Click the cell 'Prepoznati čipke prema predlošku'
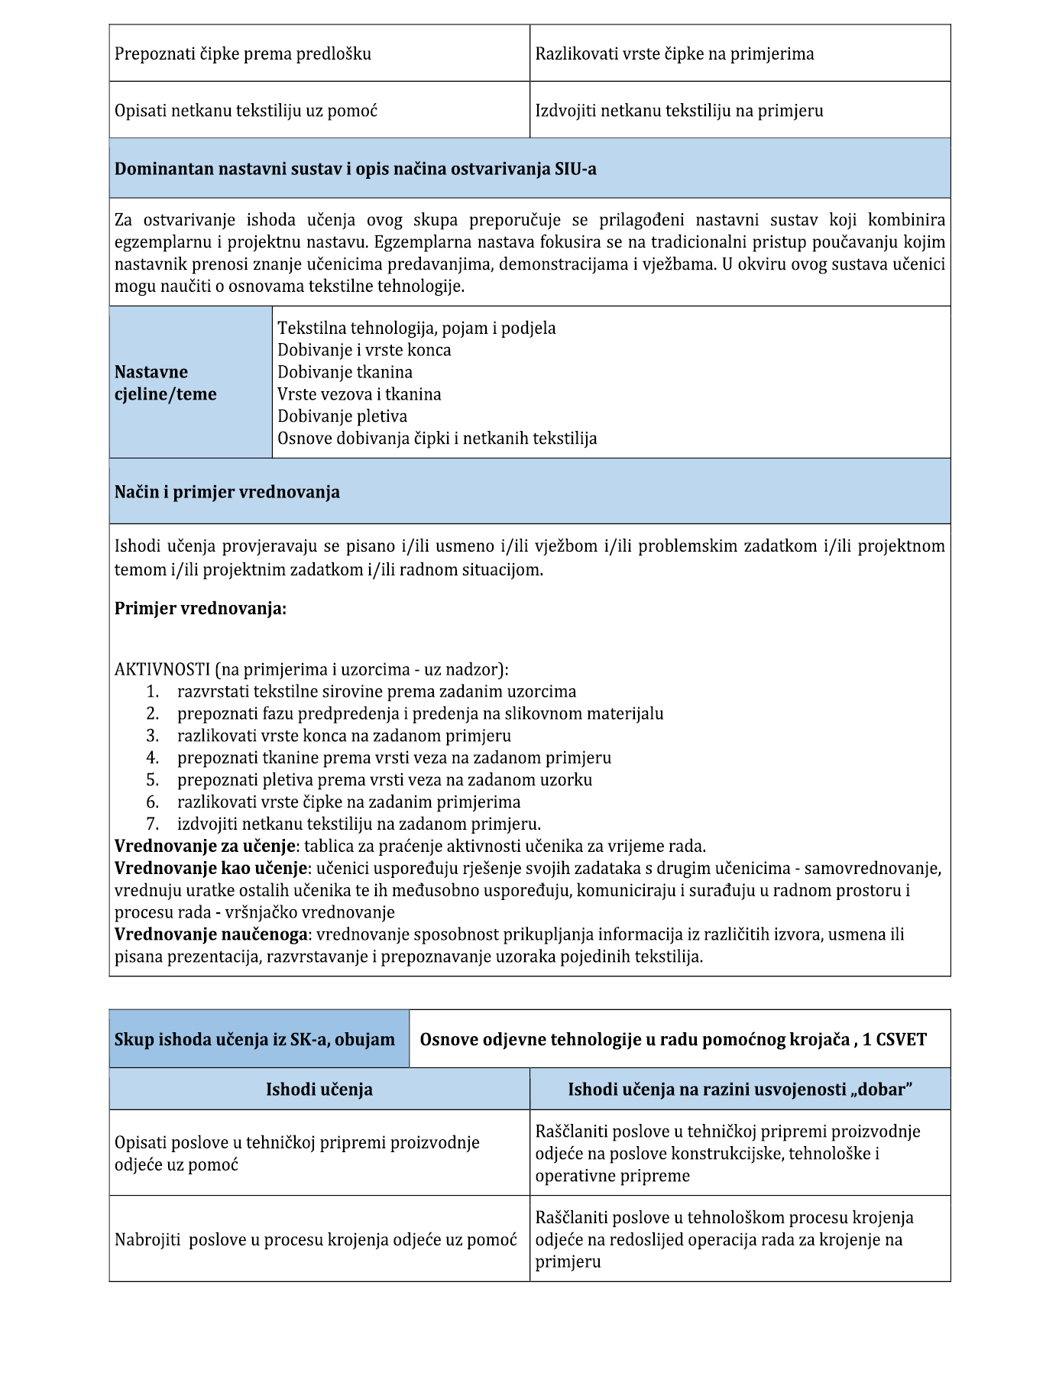click(x=243, y=54)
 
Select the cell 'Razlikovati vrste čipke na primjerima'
click(x=674, y=54)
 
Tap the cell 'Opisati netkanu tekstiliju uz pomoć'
click(x=246, y=111)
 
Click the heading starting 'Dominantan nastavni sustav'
click(x=355, y=169)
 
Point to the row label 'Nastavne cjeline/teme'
click(x=166, y=383)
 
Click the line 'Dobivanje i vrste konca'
click(x=364, y=350)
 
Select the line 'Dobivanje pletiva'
click(x=342, y=416)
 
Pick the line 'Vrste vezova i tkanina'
click(x=359, y=394)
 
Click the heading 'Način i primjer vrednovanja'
click(x=227, y=492)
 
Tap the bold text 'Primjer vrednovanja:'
click(x=200, y=609)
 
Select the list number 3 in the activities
click(x=153, y=736)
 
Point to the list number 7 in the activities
click(x=153, y=824)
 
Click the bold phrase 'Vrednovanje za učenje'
click(x=205, y=847)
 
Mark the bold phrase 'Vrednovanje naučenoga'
click(x=212, y=934)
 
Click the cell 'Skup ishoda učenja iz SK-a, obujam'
click(x=254, y=1040)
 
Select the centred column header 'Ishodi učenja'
click(x=319, y=1090)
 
